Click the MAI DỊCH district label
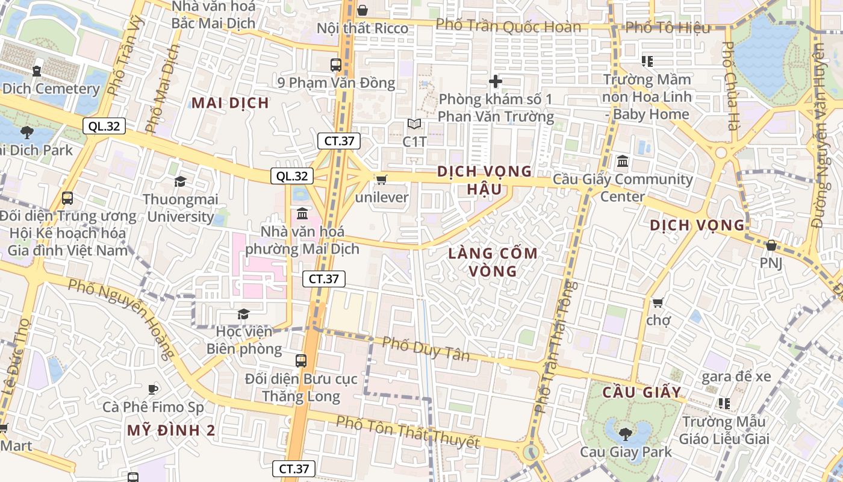coord(230,102)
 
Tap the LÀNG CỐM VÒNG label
coord(493,262)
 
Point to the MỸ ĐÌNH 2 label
coord(171,430)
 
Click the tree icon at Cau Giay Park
coord(626,433)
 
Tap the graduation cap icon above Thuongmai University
coord(179,181)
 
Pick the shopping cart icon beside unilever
coord(381,180)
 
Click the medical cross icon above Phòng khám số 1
coord(496,81)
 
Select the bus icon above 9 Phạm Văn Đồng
coord(336,64)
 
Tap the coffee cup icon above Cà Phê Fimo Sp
coord(153,389)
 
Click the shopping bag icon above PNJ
coord(771,245)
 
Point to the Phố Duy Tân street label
coord(426,349)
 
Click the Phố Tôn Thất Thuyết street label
coord(408,432)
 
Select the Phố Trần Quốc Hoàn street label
coord(508,26)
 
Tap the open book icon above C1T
coord(414,124)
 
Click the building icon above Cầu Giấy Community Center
coord(623,161)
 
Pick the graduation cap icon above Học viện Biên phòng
coord(243,314)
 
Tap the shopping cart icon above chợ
coord(658,302)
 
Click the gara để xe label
coord(736,377)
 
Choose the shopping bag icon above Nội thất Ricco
coord(362,10)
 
